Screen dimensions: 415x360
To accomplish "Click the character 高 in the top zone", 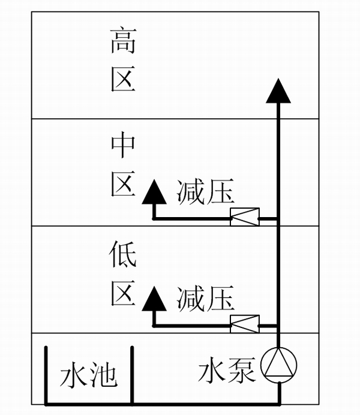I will [123, 43].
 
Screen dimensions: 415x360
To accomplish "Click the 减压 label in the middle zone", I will [205, 193].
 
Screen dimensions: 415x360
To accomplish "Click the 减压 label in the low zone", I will [205, 298].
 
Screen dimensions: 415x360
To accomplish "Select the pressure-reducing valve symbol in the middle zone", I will [245, 217].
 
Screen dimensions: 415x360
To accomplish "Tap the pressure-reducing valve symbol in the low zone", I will [245, 324].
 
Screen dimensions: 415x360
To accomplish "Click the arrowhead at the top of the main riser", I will [278, 91].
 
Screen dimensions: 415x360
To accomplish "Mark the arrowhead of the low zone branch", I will [155, 298].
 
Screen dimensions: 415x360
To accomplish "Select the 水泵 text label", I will [227, 371].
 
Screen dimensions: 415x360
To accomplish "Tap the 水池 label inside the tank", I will [89, 377].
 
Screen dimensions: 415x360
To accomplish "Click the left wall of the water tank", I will [46, 375].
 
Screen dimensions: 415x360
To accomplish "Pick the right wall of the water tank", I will [131, 375].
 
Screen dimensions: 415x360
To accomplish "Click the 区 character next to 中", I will [123, 183].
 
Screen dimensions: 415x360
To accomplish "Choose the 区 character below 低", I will [123, 292].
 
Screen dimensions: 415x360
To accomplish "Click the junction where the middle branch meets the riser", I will [278, 218].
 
